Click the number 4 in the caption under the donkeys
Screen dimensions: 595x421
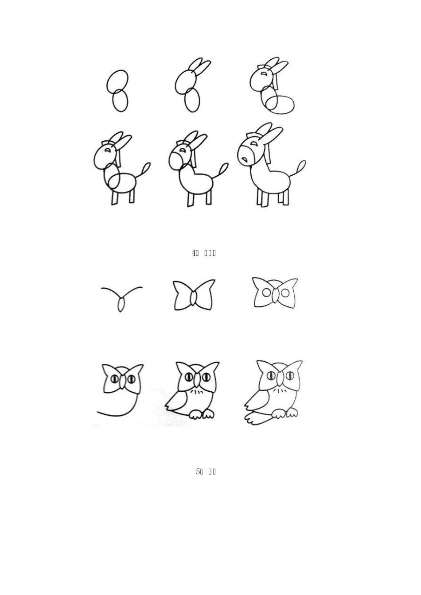tap(194, 253)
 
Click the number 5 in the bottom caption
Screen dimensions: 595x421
tap(198, 471)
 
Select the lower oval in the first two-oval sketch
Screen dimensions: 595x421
tap(120, 101)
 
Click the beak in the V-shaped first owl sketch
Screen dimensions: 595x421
tap(121, 304)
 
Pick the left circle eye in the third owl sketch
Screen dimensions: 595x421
tap(266, 293)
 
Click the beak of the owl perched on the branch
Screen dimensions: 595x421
tap(280, 379)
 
